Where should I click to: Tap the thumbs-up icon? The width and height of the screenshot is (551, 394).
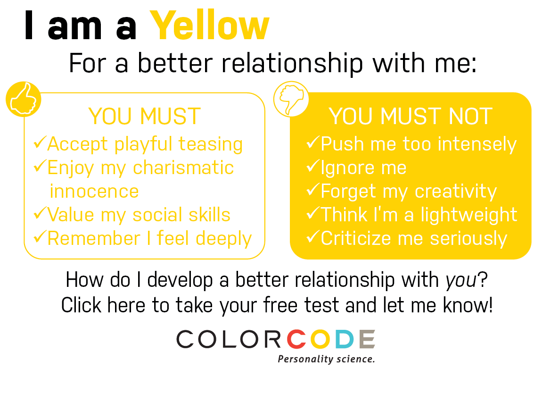click(23, 100)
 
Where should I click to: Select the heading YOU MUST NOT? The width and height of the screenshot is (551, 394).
click(411, 116)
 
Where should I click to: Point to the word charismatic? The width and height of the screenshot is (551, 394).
click(183, 168)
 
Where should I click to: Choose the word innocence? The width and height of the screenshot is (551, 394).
click(94, 191)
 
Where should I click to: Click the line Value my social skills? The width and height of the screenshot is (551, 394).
click(132, 215)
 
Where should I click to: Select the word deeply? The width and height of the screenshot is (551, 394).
click(223, 239)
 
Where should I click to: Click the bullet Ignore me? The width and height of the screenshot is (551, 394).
click(357, 168)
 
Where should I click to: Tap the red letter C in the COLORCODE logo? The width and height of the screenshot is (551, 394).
click(298, 339)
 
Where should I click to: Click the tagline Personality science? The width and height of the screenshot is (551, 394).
click(326, 359)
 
